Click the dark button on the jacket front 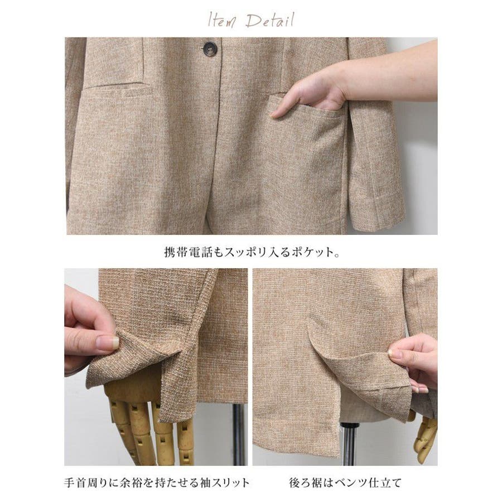(210, 48)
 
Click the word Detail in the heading (269, 21)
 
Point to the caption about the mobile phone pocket (252, 252)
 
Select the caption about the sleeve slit (157, 482)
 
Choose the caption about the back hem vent (345, 482)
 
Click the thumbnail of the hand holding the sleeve (156, 367)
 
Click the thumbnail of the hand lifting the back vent (345, 367)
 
